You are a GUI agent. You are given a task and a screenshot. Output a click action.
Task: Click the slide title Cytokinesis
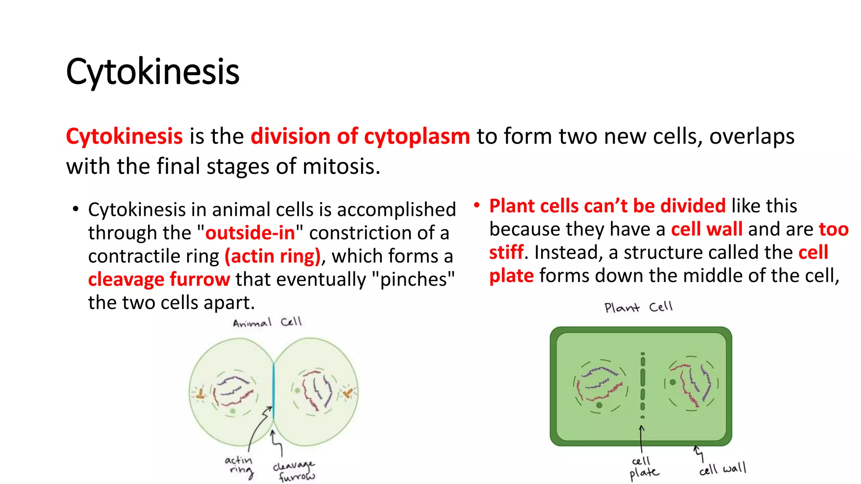click(x=153, y=72)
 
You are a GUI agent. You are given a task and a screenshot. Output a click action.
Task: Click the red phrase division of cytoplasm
click(x=360, y=137)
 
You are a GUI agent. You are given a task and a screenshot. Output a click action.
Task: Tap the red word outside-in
click(x=250, y=233)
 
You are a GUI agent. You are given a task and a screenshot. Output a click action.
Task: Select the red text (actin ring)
click(x=273, y=256)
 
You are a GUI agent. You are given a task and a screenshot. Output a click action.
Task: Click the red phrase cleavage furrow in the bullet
click(x=159, y=279)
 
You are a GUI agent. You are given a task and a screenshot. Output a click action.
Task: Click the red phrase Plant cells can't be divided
click(x=607, y=206)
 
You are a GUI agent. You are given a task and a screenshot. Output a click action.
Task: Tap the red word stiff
click(x=506, y=253)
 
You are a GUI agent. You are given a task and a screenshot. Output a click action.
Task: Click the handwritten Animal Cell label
click(x=267, y=323)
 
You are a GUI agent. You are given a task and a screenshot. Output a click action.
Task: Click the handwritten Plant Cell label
click(x=638, y=307)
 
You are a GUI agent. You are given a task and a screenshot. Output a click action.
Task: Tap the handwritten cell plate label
click(x=643, y=468)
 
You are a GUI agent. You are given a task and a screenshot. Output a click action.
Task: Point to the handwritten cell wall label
click(x=722, y=468)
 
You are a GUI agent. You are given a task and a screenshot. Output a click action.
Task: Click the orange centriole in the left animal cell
click(x=201, y=394)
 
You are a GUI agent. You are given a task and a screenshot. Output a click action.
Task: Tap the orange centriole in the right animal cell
click(x=348, y=393)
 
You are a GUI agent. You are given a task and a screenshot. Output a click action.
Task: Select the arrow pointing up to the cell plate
click(x=642, y=439)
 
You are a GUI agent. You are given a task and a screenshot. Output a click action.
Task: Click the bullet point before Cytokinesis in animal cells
click(x=76, y=209)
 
